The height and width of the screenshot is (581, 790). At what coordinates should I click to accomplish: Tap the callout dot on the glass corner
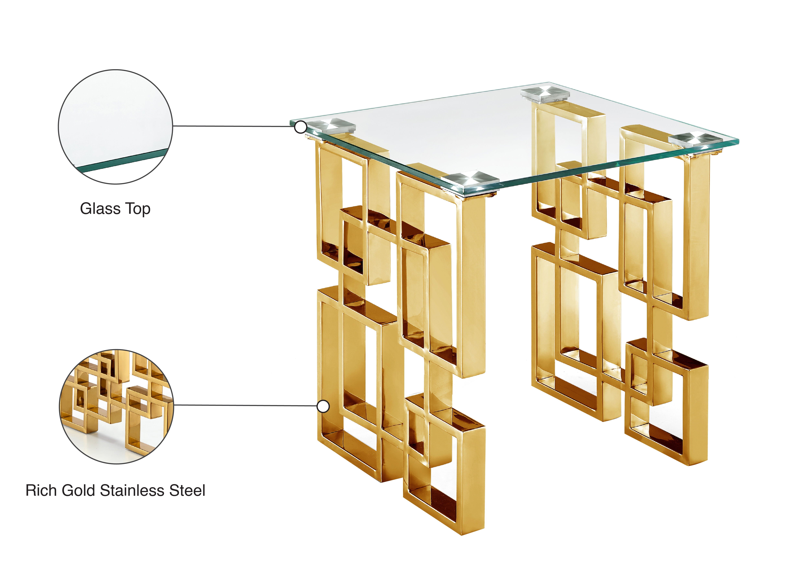click(x=301, y=127)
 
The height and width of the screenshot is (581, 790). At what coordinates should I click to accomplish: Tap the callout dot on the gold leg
click(x=323, y=406)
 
